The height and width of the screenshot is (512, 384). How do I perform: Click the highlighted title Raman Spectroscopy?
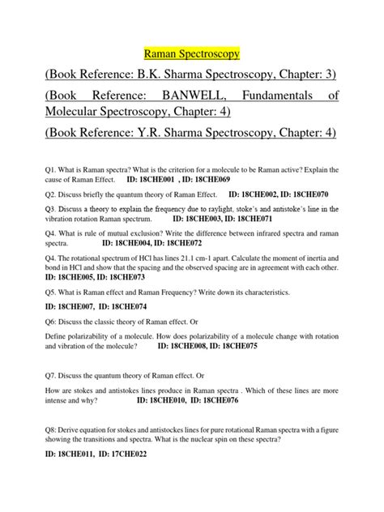[191, 54]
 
